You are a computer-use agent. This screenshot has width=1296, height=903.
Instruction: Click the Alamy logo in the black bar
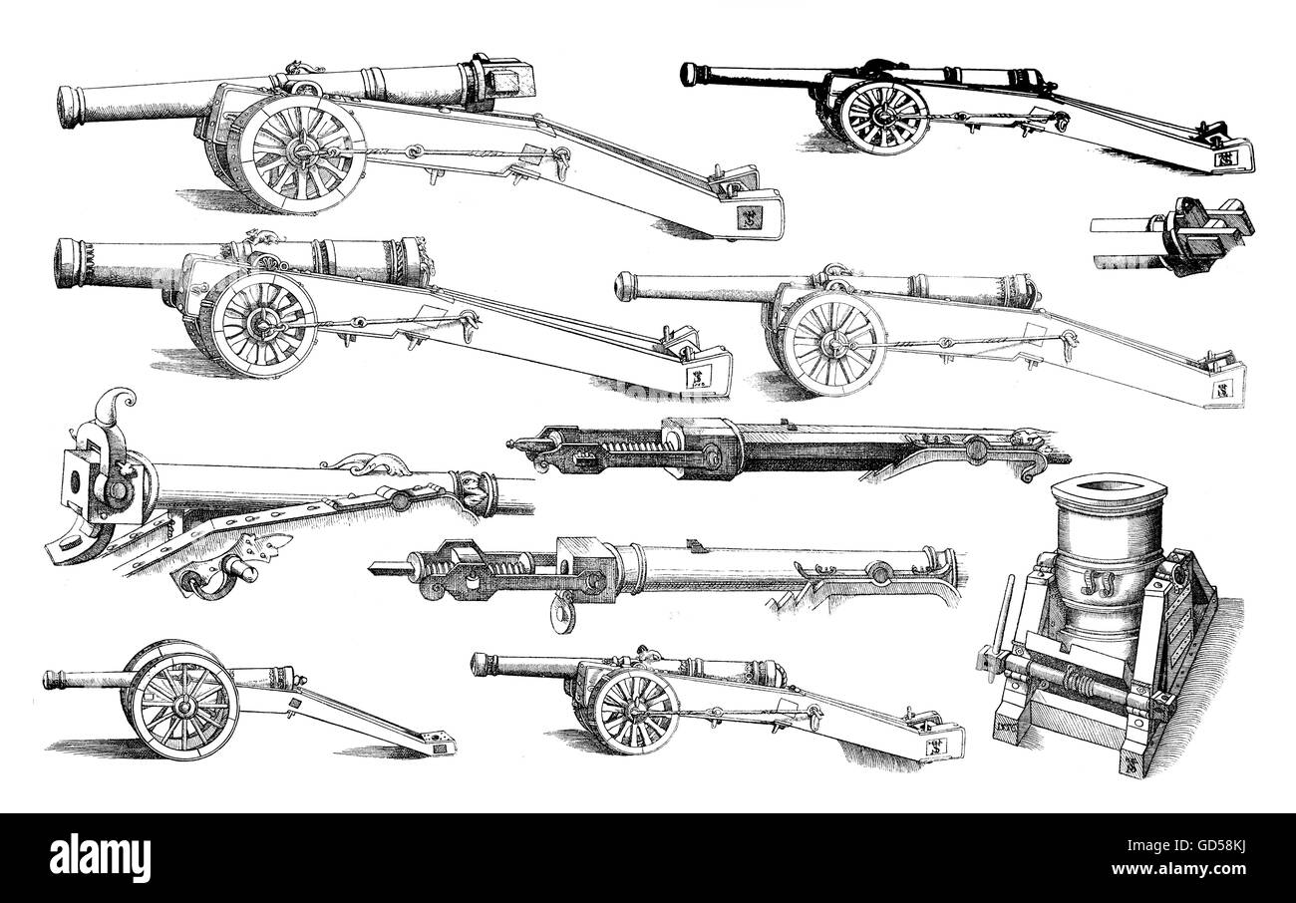[100, 857]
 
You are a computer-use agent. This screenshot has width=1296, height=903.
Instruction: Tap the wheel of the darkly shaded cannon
[881, 116]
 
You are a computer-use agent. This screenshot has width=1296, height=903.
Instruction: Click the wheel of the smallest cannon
[183, 706]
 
